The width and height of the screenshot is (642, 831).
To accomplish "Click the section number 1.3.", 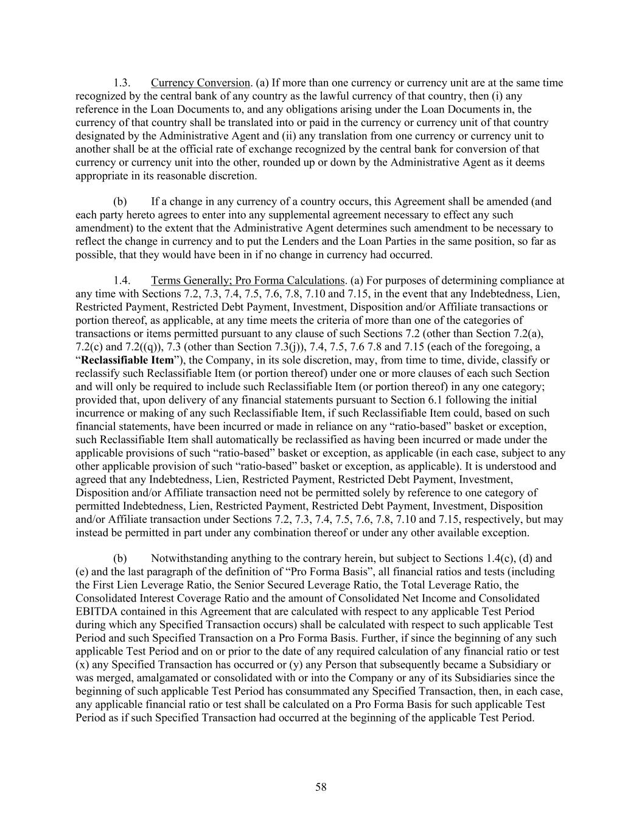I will (122, 83).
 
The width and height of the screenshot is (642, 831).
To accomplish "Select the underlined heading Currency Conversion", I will (200, 83).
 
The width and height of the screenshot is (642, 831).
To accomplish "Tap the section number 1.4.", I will (122, 281).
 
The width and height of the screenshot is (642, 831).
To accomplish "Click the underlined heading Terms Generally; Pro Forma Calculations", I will (248, 281).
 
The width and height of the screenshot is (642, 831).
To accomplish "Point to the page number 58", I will (321, 787).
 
